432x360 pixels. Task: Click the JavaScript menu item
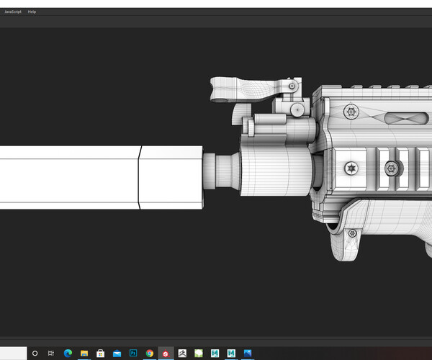(x=13, y=12)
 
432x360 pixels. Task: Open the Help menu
(x=32, y=12)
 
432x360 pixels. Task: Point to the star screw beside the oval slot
(x=351, y=111)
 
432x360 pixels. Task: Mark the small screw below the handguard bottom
(x=351, y=233)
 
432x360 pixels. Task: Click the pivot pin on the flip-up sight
(x=291, y=86)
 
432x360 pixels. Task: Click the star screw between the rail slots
(x=392, y=169)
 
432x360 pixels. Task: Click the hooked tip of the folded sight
(x=217, y=89)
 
